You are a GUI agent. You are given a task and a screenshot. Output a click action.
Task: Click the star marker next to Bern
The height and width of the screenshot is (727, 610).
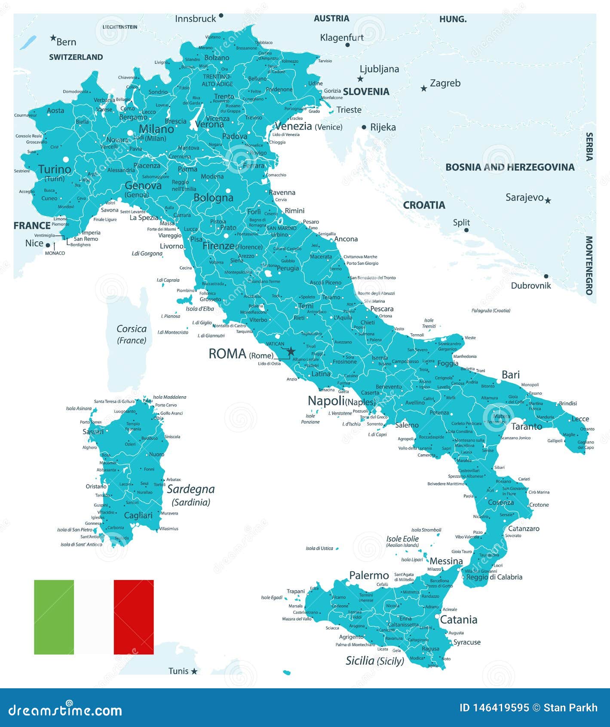[53, 38]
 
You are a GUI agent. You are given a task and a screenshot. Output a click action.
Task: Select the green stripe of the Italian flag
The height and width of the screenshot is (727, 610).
[54, 617]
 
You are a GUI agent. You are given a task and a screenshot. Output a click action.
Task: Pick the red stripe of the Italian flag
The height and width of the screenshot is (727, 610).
[134, 617]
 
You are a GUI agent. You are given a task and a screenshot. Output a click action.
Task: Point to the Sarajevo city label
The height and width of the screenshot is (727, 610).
[524, 197]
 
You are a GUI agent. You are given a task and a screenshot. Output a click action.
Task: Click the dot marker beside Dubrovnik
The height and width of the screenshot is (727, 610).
[546, 276]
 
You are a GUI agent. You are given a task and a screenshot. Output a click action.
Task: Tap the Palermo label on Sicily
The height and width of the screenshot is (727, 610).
[369, 576]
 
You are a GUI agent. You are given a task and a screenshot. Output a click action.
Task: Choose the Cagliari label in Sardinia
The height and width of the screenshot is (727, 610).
[138, 515]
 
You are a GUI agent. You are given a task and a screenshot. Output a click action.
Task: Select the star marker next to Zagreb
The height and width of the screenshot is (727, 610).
[424, 89]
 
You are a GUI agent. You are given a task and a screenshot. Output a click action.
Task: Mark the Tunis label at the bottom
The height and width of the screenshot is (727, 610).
[178, 671]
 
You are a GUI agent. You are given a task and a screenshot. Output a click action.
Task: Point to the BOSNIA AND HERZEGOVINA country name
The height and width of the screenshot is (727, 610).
[510, 167]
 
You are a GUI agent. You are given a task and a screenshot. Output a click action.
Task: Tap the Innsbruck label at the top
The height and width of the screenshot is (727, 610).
[196, 19]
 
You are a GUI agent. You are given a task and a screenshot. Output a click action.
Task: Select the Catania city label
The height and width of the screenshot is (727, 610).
[459, 620]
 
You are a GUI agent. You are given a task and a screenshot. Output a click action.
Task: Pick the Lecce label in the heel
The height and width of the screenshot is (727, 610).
[580, 419]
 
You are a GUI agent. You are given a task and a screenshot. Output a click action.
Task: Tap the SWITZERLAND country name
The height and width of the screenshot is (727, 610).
[76, 57]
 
